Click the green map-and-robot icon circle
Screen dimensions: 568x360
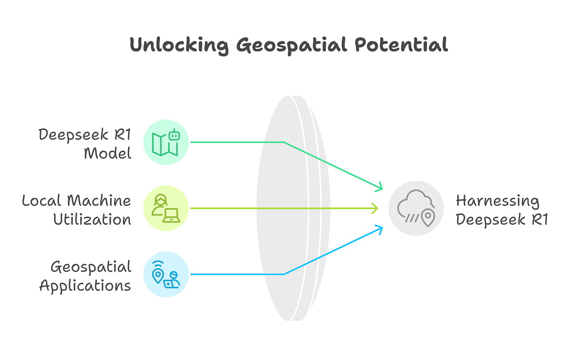(166, 142)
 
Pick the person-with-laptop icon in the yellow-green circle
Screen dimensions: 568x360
(166, 208)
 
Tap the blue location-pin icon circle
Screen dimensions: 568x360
(166, 274)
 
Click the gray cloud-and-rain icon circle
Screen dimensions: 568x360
(416, 208)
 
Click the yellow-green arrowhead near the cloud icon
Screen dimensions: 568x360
(376, 208)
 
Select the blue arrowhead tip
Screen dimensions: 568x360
(381, 227)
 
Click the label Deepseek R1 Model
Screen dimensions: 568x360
(85, 143)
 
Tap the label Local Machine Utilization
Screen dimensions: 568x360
(77, 209)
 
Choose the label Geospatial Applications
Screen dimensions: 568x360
(85, 276)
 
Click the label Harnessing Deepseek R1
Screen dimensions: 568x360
(501, 210)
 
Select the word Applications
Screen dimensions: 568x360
(85, 286)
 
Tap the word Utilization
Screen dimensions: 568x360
(92, 219)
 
